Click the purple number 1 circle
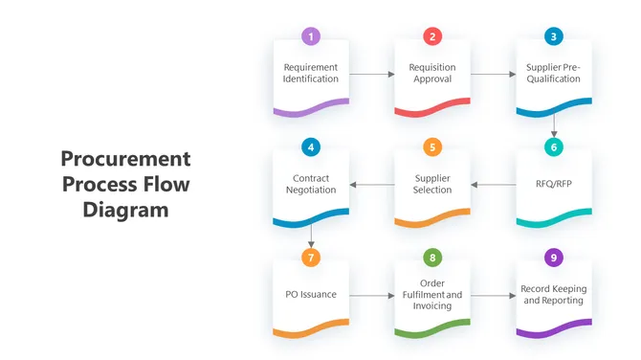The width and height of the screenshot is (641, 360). point(310,36)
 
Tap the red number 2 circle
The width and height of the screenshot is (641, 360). point(432,36)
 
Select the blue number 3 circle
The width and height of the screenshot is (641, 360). point(554,36)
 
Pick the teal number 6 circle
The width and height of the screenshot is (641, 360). point(554,147)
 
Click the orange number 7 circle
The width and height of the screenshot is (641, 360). point(310,258)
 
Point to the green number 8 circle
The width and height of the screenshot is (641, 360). point(432,258)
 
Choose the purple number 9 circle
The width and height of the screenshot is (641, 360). point(554,258)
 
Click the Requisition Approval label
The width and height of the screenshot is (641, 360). point(432,74)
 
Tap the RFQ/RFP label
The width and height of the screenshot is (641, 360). point(554,184)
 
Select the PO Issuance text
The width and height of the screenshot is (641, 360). point(310,294)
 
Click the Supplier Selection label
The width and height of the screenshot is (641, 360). point(432,184)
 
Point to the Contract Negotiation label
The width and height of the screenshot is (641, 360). point(310,184)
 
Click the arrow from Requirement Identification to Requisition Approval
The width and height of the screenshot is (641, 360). point(371,74)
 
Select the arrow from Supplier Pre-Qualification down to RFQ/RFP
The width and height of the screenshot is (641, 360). point(554,124)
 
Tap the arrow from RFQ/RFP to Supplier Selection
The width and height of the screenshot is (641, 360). point(493,184)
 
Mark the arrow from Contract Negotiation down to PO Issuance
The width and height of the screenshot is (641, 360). point(310,236)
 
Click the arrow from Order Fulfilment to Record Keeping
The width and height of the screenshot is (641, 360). point(493,295)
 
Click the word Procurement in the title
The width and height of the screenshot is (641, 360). point(125,159)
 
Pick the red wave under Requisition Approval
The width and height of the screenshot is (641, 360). point(432,111)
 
